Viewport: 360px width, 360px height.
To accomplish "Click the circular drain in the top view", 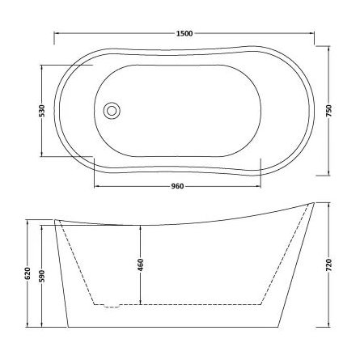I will [x=112, y=109].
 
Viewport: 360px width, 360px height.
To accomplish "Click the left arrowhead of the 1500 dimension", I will [x=57, y=34].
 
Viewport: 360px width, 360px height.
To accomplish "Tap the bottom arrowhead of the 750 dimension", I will [x=328, y=171].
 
